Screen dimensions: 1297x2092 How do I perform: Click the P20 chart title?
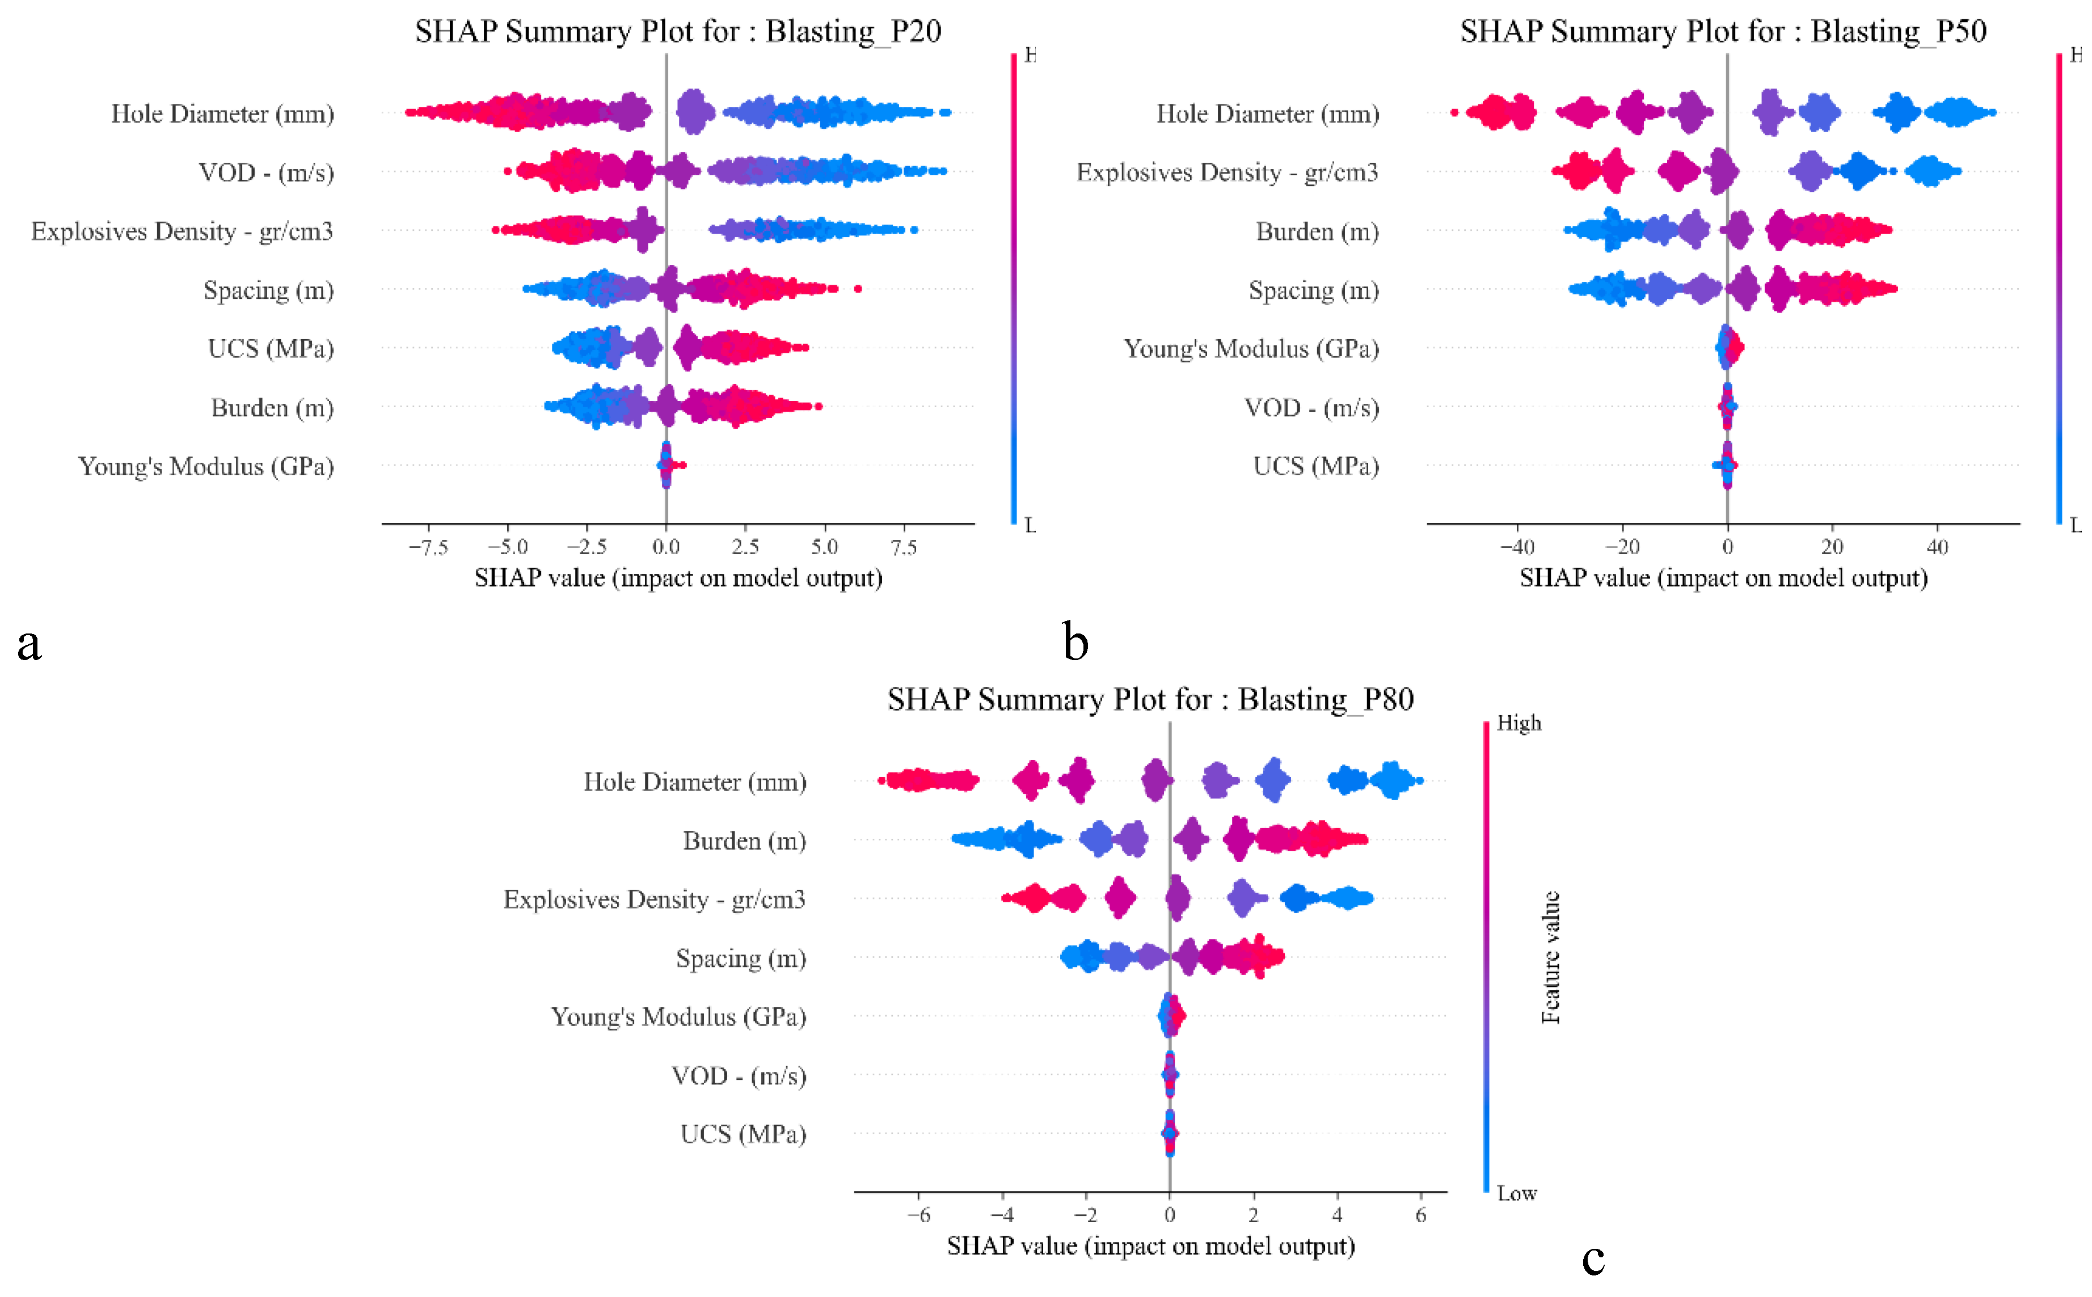[678, 32]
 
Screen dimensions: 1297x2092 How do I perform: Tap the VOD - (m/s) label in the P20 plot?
[266, 172]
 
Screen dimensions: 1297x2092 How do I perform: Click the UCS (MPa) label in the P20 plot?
[270, 348]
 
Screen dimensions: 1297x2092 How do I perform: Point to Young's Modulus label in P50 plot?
[1251, 348]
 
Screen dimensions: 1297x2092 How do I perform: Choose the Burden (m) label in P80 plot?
[744, 840]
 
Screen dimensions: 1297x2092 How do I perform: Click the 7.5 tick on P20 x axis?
[903, 547]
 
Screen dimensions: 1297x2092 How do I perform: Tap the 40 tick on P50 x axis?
[1937, 547]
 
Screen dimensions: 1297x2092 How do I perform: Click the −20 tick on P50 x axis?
[1621, 547]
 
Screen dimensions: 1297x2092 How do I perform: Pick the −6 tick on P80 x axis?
[918, 1215]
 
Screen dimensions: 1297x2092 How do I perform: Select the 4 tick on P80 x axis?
[1336, 1215]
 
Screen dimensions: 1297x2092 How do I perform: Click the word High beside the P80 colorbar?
[1518, 723]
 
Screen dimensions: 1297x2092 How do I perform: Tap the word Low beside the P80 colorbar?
[1516, 1193]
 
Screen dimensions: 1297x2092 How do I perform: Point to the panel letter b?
[1075, 641]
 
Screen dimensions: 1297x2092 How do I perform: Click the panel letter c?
[1593, 1259]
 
